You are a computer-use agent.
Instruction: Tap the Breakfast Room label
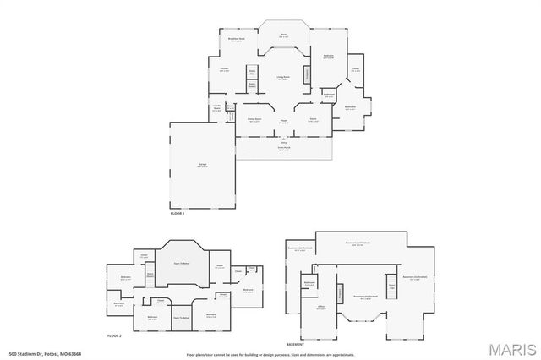pyautogui.click(x=238, y=40)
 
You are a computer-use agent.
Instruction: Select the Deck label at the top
pyautogui.click(x=285, y=35)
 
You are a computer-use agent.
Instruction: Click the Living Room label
pyautogui.click(x=284, y=77)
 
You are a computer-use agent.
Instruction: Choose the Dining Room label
pyautogui.click(x=254, y=120)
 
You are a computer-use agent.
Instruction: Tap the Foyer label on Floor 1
pyautogui.click(x=285, y=120)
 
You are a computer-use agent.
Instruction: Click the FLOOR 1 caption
pyautogui.click(x=178, y=215)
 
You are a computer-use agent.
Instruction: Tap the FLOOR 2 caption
pyautogui.click(x=114, y=336)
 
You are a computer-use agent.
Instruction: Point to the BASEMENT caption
pyautogui.click(x=295, y=345)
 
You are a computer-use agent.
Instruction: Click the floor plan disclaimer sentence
pyautogui.click(x=270, y=353)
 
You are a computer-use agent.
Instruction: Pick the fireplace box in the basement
pyautogui.click(x=341, y=292)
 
